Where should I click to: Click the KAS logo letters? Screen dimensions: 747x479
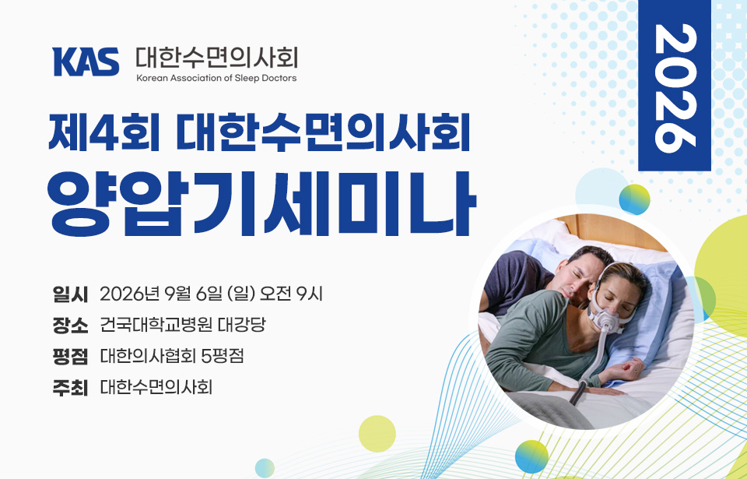tap(86, 62)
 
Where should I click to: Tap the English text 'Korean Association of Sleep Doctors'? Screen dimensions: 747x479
tap(216, 78)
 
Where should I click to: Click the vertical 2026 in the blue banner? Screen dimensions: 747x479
tap(675, 88)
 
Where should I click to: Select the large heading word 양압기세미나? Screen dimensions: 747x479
tap(261, 204)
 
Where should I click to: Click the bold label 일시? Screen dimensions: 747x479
tap(70, 294)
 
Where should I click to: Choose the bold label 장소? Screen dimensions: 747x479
tap(70, 326)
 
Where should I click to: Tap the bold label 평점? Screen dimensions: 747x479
tap(70, 357)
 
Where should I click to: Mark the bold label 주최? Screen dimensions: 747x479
tap(70, 387)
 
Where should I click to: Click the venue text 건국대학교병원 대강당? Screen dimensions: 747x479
tap(182, 326)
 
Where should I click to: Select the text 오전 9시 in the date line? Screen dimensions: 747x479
tap(291, 294)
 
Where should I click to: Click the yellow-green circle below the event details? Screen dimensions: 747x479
tap(377, 434)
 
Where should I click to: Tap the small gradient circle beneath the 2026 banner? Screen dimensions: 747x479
tap(635, 199)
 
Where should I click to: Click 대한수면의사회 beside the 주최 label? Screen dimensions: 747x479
tap(156, 387)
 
